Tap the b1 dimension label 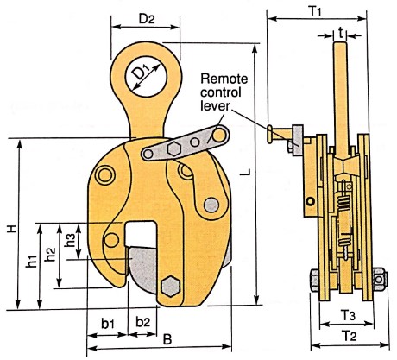108,324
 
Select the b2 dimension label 142,324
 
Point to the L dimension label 248,173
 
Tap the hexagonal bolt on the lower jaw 170,286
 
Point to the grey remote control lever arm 186,144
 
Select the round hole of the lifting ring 143,76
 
